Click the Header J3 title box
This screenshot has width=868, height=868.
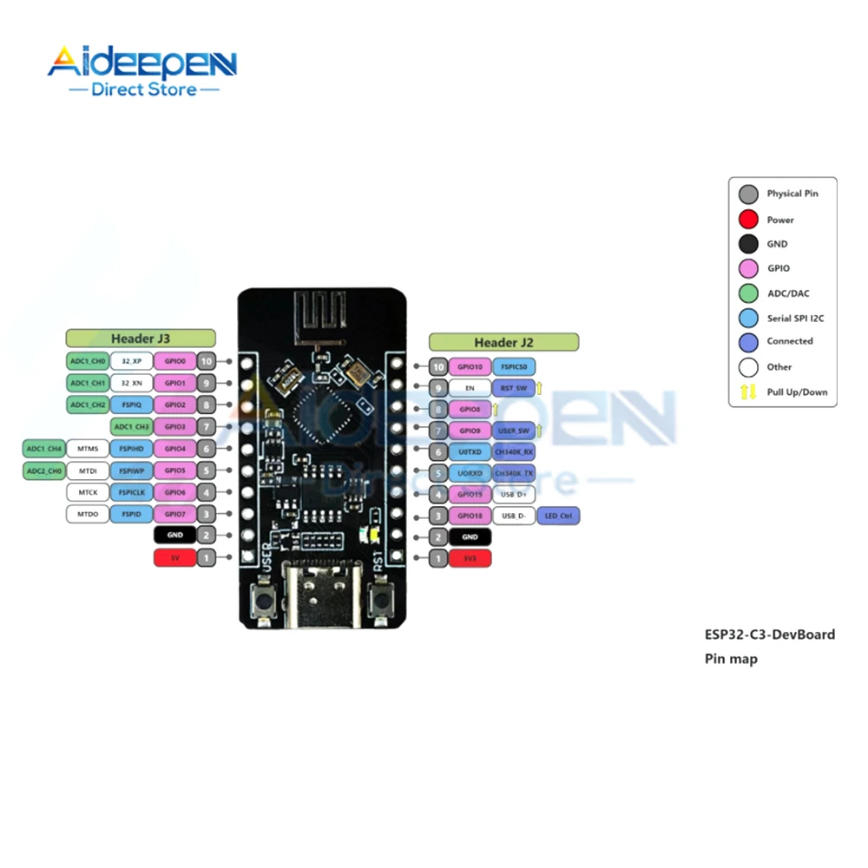(140, 338)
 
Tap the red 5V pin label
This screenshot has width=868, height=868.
(174, 558)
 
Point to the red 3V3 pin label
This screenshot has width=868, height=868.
(470, 559)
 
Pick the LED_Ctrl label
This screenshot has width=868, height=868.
(558, 516)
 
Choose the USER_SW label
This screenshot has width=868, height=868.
(513, 430)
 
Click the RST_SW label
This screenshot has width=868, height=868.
(513, 387)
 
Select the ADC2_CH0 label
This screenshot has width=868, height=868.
(43, 470)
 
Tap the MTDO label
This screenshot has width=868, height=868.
(88, 514)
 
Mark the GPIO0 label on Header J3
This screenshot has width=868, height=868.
(174, 360)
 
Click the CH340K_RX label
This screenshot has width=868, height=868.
(513, 451)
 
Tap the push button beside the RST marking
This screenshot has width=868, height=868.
(378, 598)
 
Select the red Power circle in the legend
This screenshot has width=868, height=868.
(748, 220)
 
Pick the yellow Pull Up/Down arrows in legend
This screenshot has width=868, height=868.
(748, 391)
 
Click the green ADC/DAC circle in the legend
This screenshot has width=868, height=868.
(748, 293)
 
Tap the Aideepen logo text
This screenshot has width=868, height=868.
(141, 64)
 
